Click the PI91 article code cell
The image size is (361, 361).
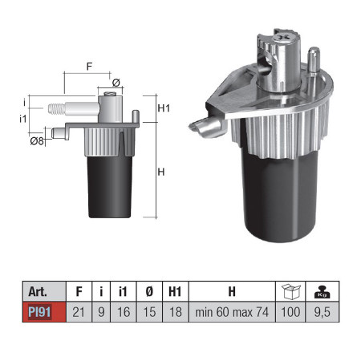[44, 312]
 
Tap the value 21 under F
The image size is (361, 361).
[79, 312]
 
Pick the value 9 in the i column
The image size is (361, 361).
[101, 312]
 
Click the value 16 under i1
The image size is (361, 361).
[124, 312]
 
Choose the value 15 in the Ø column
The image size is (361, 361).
[149, 312]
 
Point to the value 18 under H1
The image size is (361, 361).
[176, 312]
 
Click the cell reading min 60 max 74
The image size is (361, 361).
[232, 312]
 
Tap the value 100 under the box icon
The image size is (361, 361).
[290, 312]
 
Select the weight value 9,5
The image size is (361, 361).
[322, 312]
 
